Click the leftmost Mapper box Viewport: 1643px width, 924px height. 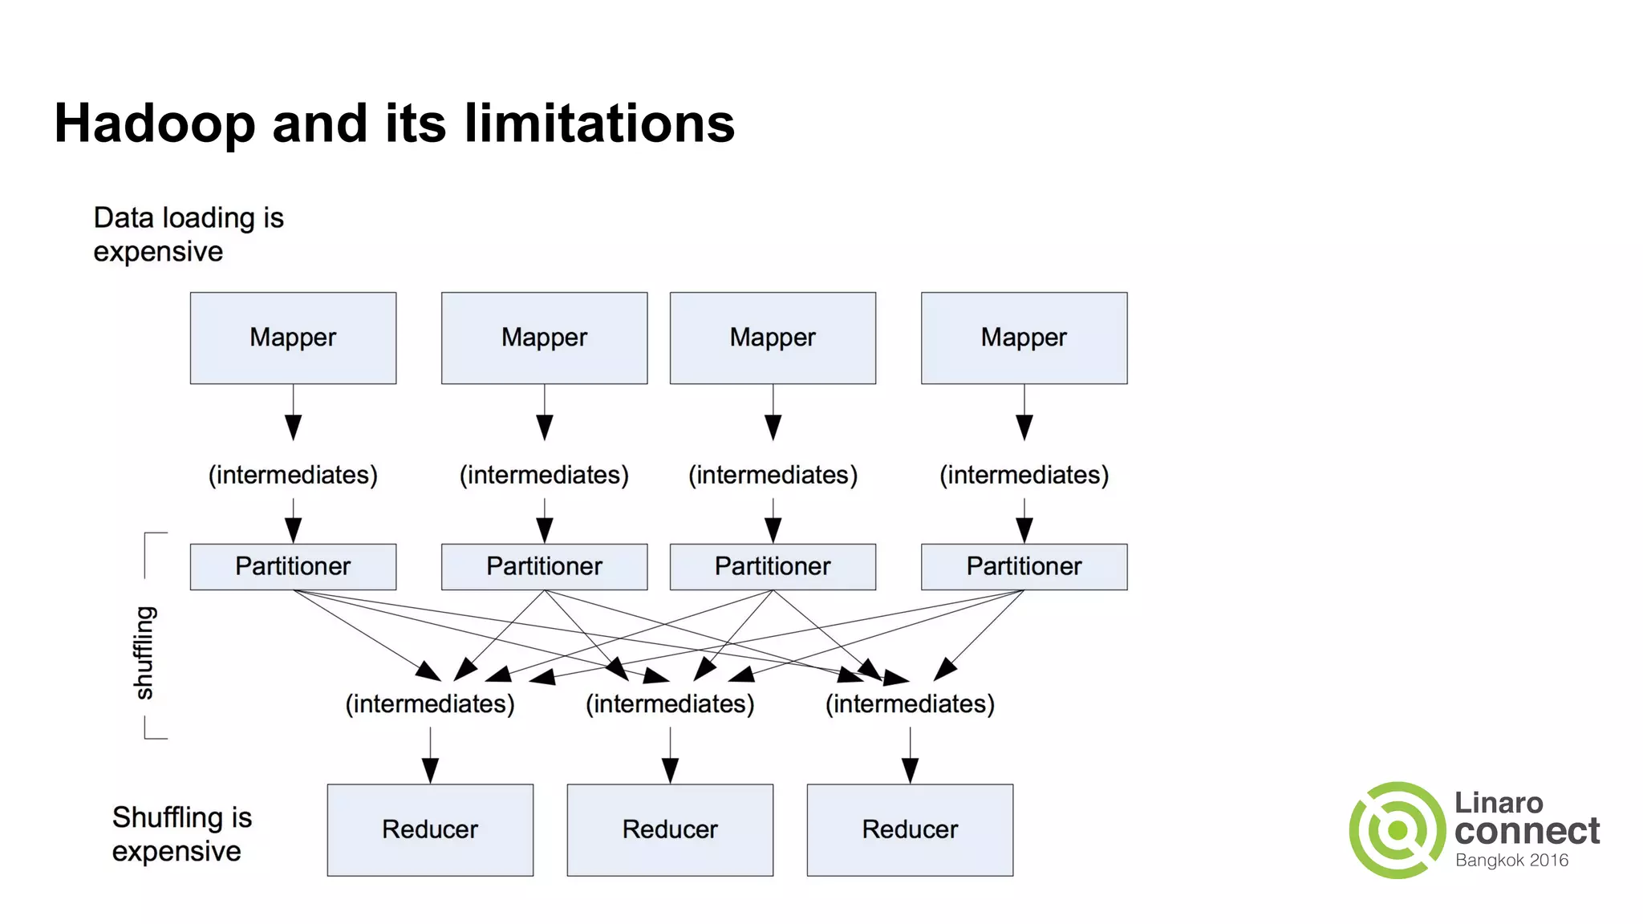coord(293,338)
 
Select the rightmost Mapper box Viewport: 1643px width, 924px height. coord(1024,338)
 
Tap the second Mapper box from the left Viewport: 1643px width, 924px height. coord(544,338)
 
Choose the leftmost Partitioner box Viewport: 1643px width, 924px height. coord(293,566)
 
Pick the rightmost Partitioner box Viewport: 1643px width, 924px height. coord(1024,566)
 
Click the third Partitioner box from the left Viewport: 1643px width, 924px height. coord(773,566)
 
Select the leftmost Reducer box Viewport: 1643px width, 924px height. coord(430,829)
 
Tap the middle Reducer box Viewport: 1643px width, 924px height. coord(670,829)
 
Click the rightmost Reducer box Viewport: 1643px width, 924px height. coord(910,829)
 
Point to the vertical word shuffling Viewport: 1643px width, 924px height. coord(144,652)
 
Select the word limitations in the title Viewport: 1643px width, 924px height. coord(599,124)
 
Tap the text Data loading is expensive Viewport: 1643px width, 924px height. coord(188,234)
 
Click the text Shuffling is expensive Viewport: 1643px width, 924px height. coord(181,834)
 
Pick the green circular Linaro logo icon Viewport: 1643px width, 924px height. coord(1398,830)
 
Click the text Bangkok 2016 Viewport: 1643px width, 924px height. coord(1511,861)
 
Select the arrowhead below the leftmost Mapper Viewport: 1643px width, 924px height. coord(294,428)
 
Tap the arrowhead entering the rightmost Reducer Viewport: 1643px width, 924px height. coord(910,771)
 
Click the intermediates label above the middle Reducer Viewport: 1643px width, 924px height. coord(670,704)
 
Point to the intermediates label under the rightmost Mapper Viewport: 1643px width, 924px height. coord(1024,475)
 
